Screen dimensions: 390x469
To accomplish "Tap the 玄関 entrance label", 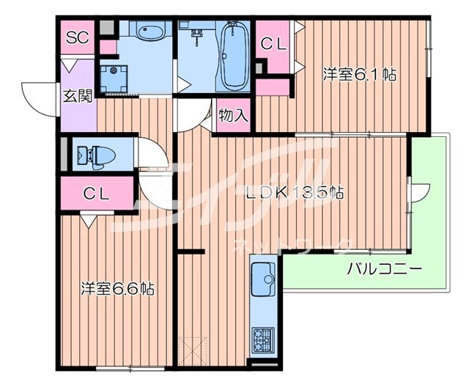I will coord(76,95).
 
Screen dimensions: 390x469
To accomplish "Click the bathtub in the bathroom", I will coord(233,54).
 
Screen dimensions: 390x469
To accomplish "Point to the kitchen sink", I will coord(262,278).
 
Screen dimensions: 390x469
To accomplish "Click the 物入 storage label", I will coord(233,116).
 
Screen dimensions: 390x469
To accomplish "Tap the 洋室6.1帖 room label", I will coord(350,74).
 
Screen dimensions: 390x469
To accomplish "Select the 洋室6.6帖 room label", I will coord(117,288).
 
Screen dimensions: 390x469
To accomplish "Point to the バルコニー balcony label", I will coord(384,269).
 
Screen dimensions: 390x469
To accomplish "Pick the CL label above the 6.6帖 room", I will coord(96,194).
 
